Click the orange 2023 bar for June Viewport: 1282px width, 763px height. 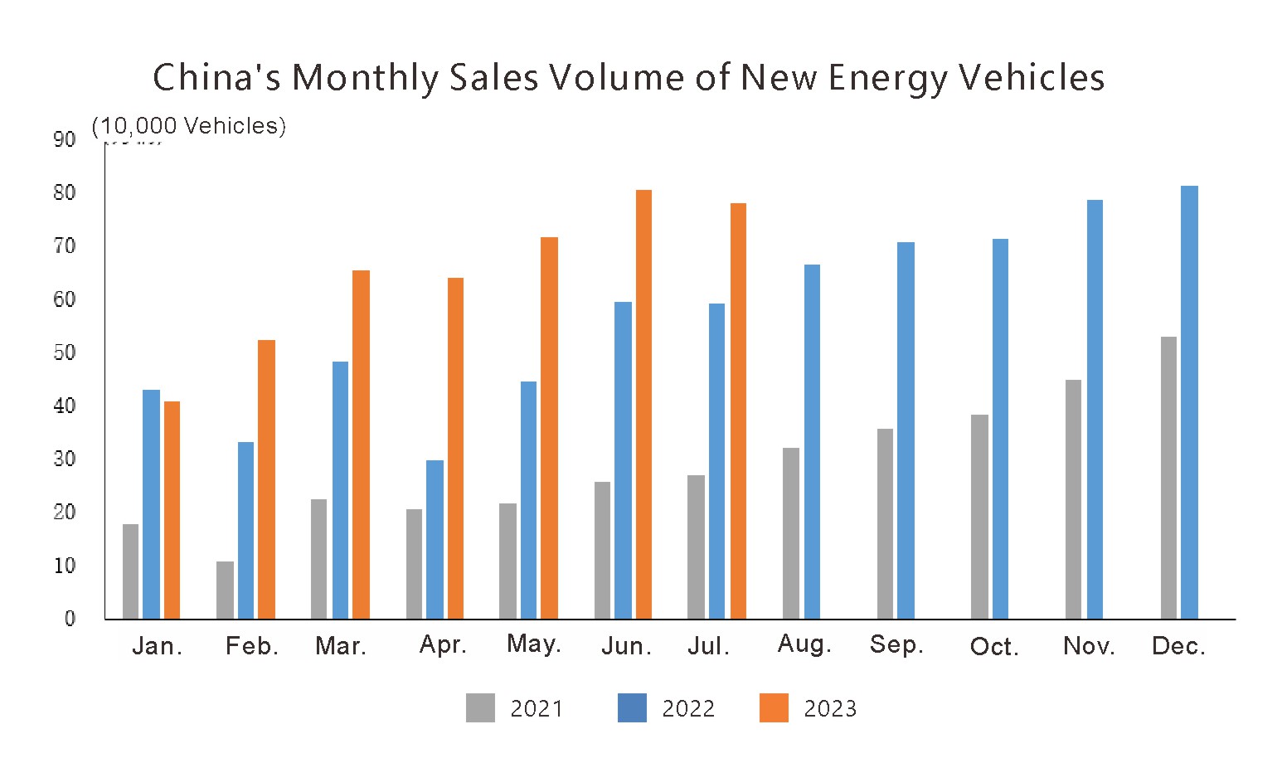tap(643, 405)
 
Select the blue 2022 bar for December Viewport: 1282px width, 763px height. tap(1189, 402)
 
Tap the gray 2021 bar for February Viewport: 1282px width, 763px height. tap(225, 590)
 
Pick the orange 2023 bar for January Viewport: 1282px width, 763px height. tap(172, 510)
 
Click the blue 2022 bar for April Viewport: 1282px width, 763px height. tap(435, 539)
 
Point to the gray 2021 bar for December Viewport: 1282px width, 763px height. tap(1168, 478)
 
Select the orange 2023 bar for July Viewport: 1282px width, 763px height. tap(738, 411)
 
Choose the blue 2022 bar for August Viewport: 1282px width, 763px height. tap(812, 442)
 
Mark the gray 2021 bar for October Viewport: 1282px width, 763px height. tap(979, 517)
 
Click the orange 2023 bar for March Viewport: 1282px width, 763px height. tap(361, 445)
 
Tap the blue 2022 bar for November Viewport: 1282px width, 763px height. tap(1095, 410)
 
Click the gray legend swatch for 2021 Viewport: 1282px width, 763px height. tap(480, 707)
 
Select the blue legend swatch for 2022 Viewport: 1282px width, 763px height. tap(632, 707)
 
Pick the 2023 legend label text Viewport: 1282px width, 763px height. tap(830, 709)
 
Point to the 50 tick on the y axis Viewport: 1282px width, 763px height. tap(64, 352)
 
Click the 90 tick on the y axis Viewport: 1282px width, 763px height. tap(64, 139)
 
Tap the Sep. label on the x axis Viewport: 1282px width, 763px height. tap(896, 645)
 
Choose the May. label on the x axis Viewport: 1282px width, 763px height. tap(534, 644)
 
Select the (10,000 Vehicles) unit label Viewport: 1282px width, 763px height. tap(189, 126)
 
